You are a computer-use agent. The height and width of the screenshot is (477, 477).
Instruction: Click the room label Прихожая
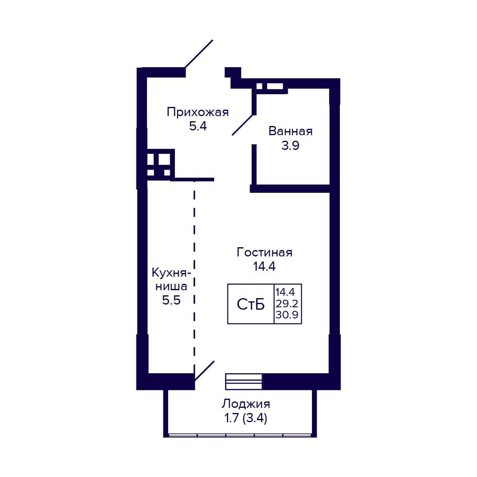coord(198,112)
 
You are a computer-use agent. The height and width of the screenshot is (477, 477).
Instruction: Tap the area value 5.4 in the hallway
coord(198,126)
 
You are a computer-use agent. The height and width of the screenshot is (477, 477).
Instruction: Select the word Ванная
coord(290,131)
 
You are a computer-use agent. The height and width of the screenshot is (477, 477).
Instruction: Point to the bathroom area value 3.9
coord(290,145)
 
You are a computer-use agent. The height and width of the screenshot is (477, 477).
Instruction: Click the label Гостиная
coord(264,253)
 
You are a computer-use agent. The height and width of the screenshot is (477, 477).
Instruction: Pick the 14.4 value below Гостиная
coord(264,267)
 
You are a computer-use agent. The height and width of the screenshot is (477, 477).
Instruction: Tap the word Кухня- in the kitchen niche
coord(171,273)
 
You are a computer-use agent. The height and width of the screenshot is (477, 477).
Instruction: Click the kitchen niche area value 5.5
coord(171,301)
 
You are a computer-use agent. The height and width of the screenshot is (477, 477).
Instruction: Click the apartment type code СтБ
coord(251,304)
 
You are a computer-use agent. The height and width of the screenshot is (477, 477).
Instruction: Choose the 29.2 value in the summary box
coord(287,303)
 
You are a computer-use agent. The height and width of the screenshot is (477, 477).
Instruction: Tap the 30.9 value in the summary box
coord(287,315)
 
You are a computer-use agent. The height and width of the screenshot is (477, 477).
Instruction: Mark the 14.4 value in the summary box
coord(285,292)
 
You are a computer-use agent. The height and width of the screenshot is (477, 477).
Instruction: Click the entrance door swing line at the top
coord(199,54)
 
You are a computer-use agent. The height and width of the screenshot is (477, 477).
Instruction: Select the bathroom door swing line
coord(242,125)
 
